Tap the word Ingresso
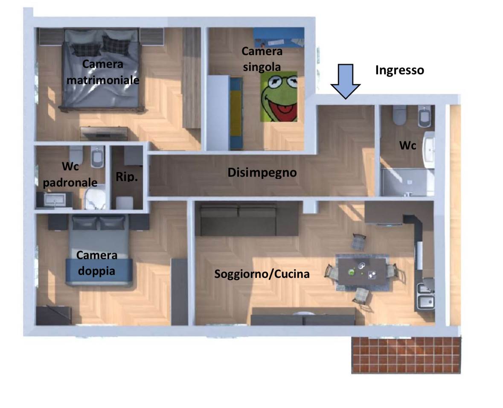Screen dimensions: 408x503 pyautogui.click(x=399, y=70)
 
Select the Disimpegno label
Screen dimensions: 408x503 pyautogui.click(x=262, y=173)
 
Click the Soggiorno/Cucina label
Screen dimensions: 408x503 pyautogui.click(x=262, y=274)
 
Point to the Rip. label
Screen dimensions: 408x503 pyautogui.click(x=127, y=177)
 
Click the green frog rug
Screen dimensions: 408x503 pyautogui.click(x=279, y=96)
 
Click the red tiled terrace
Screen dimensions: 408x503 pyautogui.click(x=406, y=354)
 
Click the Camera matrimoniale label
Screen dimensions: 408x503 pyautogui.click(x=103, y=72)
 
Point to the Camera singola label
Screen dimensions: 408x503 pyautogui.click(x=262, y=59)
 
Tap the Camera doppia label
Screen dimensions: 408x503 pyautogui.click(x=96, y=263)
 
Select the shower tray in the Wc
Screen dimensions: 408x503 pyautogui.click(x=407, y=182)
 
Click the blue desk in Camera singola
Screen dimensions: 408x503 pyautogui.click(x=278, y=38)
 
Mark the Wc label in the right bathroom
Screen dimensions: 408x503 pyautogui.click(x=407, y=146)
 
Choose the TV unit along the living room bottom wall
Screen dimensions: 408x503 pyautogui.click(x=303, y=318)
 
